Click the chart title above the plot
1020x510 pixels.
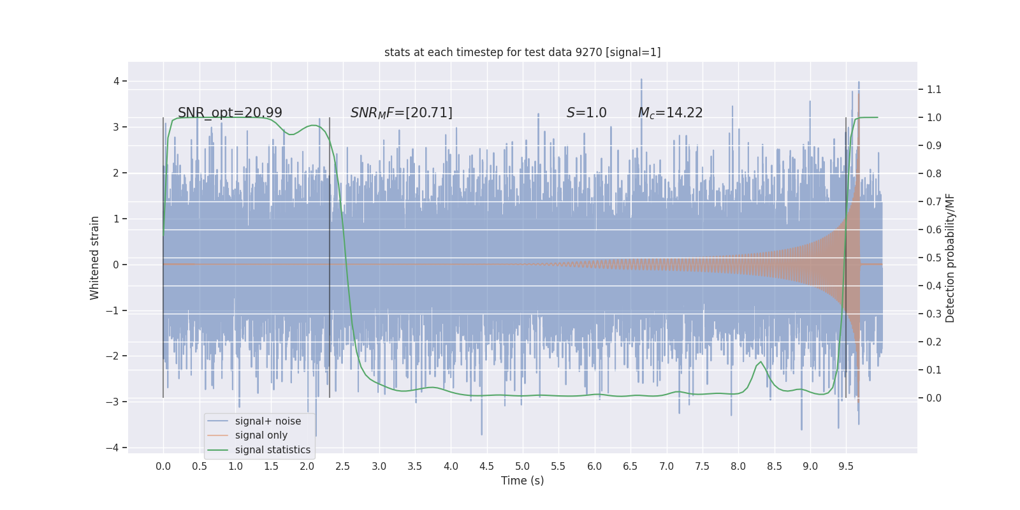click(522, 52)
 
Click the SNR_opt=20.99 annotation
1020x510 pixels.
click(229, 113)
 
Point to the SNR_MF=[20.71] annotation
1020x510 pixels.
click(401, 113)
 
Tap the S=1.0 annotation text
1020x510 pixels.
click(586, 113)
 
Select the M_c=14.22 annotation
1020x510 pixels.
click(670, 113)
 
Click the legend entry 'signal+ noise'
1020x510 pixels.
click(268, 421)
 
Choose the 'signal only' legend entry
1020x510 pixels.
click(261, 435)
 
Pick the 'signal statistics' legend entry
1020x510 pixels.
click(272, 450)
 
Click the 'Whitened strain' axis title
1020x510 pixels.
click(95, 258)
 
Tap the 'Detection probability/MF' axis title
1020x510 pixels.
click(950, 258)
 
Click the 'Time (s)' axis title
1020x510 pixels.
click(522, 481)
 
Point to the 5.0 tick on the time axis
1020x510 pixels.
click(522, 467)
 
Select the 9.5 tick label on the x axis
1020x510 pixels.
click(846, 467)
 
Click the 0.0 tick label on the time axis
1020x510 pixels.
click(163, 467)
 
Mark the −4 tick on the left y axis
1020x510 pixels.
click(112, 448)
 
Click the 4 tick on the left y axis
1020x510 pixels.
click(117, 81)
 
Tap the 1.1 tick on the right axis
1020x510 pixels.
click(934, 89)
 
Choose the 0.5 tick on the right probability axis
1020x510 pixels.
click(934, 258)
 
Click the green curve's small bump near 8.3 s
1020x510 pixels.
click(760, 362)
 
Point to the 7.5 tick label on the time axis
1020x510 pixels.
click(702, 467)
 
